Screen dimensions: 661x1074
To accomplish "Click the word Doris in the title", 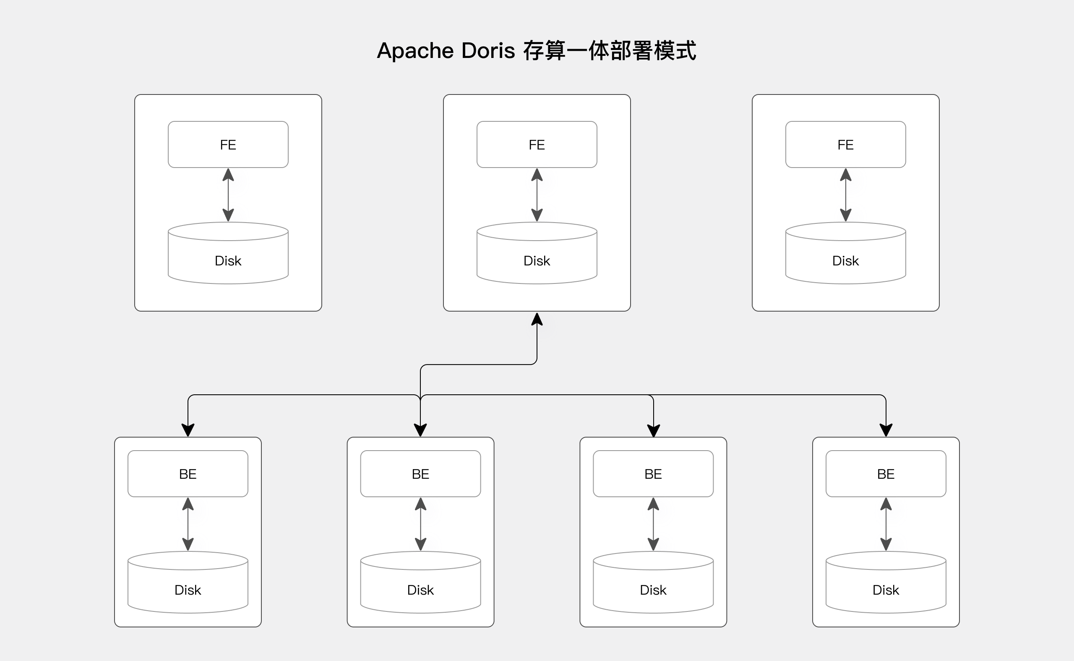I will tap(488, 51).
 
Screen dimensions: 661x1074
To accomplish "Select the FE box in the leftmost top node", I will tap(228, 144).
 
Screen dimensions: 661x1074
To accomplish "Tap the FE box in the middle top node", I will tap(537, 144).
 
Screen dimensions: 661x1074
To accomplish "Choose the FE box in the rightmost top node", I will tap(846, 144).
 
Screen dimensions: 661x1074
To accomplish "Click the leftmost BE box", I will tap(188, 474).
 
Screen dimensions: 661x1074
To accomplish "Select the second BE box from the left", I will tap(421, 474).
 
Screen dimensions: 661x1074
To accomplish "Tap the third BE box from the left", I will tap(653, 474).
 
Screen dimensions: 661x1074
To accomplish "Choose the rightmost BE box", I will tap(886, 474).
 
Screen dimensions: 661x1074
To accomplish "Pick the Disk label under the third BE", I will tap(653, 590).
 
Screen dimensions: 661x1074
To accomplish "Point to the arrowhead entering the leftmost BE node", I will tap(188, 430).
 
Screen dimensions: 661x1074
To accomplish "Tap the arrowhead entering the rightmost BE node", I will tap(886, 430).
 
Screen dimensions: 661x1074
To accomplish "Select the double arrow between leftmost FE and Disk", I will tap(228, 194).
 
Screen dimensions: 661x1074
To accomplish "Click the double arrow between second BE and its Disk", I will tap(421, 524).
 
